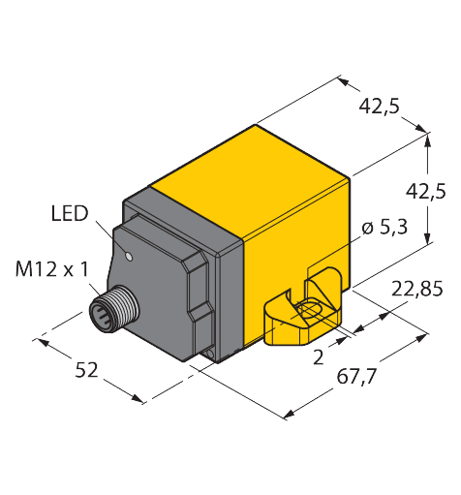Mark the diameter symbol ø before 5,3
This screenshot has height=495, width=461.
[x=366, y=228]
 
